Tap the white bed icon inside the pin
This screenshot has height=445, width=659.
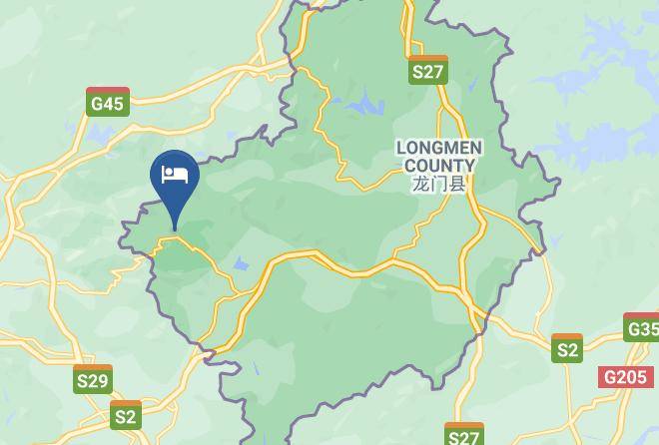tap(175, 174)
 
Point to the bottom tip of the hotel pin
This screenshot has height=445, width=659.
tap(175, 229)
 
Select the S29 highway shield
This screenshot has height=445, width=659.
tap(93, 379)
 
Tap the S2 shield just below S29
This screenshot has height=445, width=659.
tap(125, 415)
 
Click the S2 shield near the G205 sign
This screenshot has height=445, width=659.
tap(567, 348)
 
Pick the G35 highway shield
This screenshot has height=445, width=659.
tap(641, 328)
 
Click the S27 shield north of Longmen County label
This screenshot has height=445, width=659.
tap(427, 70)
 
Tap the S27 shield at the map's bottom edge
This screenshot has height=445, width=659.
tap(463, 435)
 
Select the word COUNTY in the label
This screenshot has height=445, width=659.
tap(439, 165)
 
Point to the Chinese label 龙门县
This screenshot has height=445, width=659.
tap(439, 184)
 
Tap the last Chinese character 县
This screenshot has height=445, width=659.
tap(457, 184)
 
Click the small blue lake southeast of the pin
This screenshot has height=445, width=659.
tap(240, 264)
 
